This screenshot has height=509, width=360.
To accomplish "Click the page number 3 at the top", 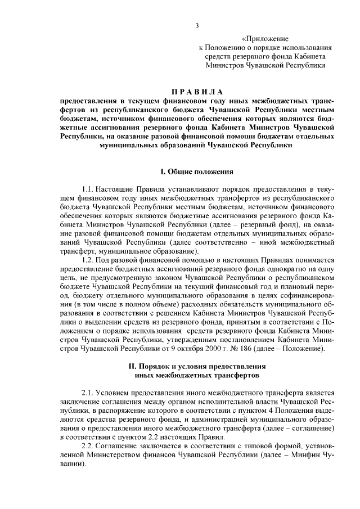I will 197,25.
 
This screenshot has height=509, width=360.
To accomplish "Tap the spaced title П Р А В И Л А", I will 197,92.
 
